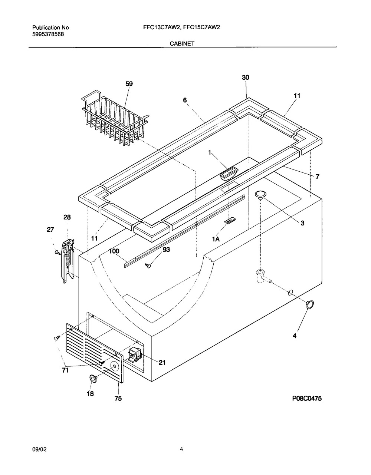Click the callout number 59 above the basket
[x=129, y=84]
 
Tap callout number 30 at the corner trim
[x=246, y=77]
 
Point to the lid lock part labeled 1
[x=229, y=173]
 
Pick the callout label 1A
[x=216, y=239]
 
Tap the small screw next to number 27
[x=58, y=253]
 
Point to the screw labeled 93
[x=148, y=265]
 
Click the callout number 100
[x=114, y=251]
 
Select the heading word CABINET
[x=182, y=43]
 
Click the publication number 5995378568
[x=48, y=34]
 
